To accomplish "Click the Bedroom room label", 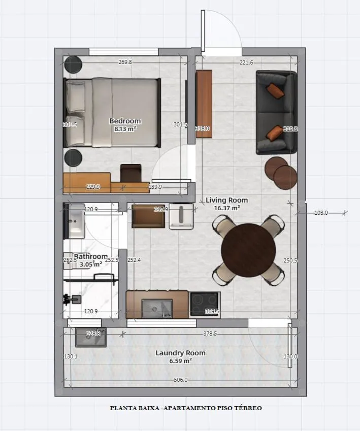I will tap(125, 121).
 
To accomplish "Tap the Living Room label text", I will tap(226, 200).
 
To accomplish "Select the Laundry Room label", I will tap(180, 353).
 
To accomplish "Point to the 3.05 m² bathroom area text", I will tap(90, 263).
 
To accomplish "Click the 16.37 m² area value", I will tap(226, 208).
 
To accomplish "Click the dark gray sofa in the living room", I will tap(276, 112).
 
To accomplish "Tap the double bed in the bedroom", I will tap(112, 112).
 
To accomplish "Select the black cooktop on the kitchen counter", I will tap(204, 304).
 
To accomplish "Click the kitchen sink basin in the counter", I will tap(157, 308).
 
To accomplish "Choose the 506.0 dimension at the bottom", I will tap(180, 380).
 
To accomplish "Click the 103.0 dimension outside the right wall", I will tap(321, 213).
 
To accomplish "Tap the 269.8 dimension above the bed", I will tap(125, 62).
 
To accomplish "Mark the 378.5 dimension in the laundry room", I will tap(209, 334).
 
